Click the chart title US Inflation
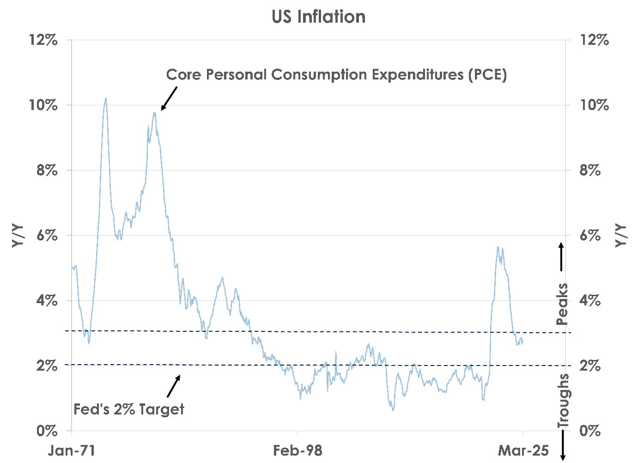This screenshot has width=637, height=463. (318, 17)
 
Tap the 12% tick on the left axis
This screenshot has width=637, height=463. (43, 40)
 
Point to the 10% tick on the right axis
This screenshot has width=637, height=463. (594, 105)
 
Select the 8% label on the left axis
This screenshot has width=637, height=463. (47, 171)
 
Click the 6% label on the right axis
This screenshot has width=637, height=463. (590, 236)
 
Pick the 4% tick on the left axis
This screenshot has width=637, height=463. (47, 301)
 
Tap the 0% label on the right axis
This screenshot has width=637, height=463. (590, 431)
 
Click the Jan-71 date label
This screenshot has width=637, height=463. (72, 451)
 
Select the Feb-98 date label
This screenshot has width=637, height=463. (297, 451)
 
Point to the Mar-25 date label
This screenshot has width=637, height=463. (523, 451)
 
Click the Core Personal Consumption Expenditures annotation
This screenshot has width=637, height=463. (336, 75)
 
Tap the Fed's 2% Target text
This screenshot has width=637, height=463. (129, 409)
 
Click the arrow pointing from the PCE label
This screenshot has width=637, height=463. (169, 99)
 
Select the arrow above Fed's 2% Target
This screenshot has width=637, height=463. (174, 386)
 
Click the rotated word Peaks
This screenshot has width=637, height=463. (562, 305)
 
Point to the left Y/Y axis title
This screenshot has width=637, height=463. (18, 236)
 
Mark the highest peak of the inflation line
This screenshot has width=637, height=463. (106, 98)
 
